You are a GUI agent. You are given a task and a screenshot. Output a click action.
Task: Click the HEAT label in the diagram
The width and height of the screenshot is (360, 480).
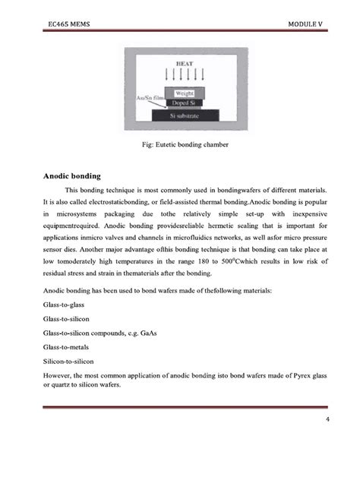(x=185, y=64)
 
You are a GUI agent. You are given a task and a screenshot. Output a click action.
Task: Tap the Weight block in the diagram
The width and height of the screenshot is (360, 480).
(x=185, y=93)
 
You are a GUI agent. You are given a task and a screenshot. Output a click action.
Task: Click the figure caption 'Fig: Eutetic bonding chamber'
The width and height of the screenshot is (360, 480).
(x=186, y=144)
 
